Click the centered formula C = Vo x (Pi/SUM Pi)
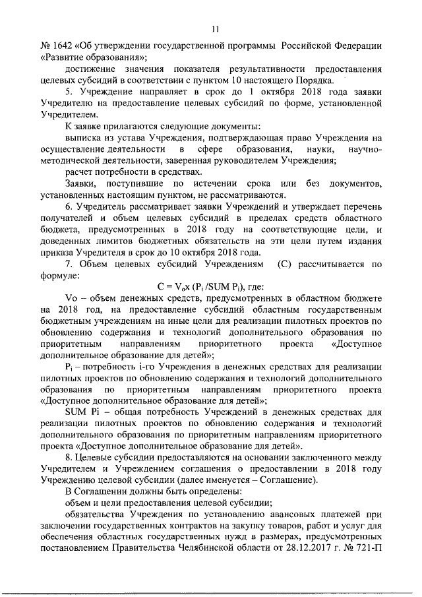click(x=210, y=286)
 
